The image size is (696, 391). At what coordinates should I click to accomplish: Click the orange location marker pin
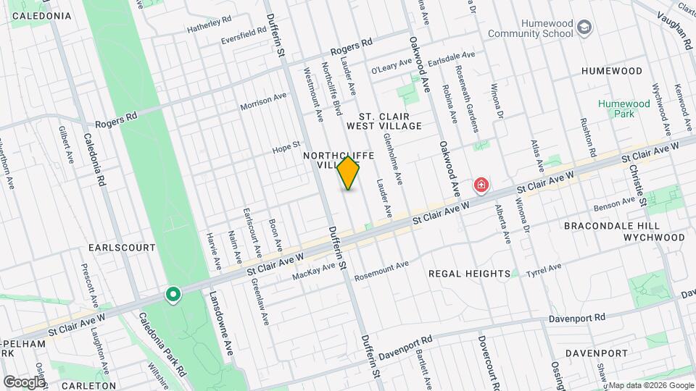pyautogui.click(x=349, y=172)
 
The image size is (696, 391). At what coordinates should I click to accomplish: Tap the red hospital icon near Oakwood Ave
pyautogui.click(x=481, y=186)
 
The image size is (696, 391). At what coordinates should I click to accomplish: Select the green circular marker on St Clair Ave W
pyautogui.click(x=173, y=295)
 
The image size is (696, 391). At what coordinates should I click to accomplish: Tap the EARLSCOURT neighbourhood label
pyautogui.click(x=122, y=247)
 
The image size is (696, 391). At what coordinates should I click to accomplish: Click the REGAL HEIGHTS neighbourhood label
pyautogui.click(x=469, y=273)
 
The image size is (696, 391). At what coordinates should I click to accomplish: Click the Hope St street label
pyautogui.click(x=286, y=147)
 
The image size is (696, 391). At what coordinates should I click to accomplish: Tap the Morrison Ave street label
pyautogui.click(x=264, y=101)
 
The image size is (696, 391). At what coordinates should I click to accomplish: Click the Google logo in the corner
pyautogui.click(x=24, y=382)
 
